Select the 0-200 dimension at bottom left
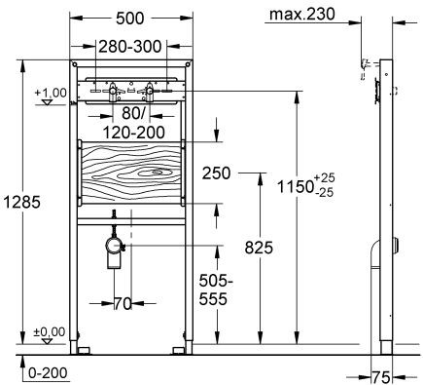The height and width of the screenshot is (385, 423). coord(47,372)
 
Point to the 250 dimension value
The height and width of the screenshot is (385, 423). coord(219,173)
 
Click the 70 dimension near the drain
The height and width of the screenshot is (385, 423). coord(121,303)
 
